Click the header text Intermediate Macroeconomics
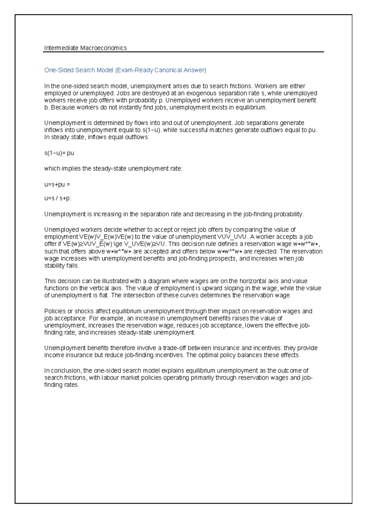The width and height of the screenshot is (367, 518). tap(85, 48)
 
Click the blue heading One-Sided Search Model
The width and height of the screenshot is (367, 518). tap(79, 70)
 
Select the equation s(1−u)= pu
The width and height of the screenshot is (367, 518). tap(59, 153)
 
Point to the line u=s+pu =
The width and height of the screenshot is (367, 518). tap(57, 184)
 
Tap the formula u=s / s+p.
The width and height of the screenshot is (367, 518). tap(58, 198)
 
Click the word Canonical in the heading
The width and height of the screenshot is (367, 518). tap(168, 70)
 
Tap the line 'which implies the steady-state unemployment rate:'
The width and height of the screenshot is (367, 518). tap(113, 169)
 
